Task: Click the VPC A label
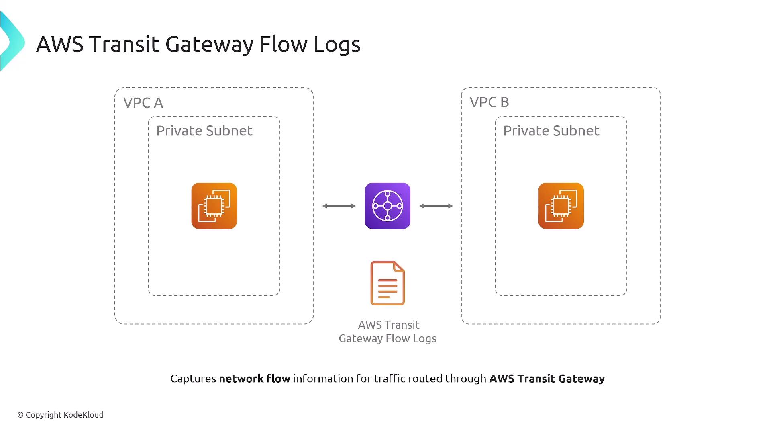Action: point(143,103)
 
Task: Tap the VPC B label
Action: point(489,102)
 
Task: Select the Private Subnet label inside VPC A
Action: point(204,131)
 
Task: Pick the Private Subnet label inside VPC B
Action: point(551,131)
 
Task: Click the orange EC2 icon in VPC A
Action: point(214,206)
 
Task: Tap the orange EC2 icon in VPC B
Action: point(561,206)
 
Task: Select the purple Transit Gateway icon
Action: point(388,206)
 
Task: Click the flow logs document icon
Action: point(388,283)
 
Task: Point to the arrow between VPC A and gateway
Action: point(339,206)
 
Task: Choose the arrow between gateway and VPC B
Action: point(436,206)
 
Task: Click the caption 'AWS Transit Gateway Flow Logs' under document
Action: point(388,332)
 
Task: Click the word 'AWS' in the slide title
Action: point(59,44)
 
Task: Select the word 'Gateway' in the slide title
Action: point(209,44)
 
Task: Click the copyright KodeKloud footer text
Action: point(60,415)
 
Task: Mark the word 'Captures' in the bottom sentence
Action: point(193,379)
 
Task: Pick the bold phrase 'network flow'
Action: point(255,379)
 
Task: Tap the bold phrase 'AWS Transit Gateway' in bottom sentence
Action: point(547,379)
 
